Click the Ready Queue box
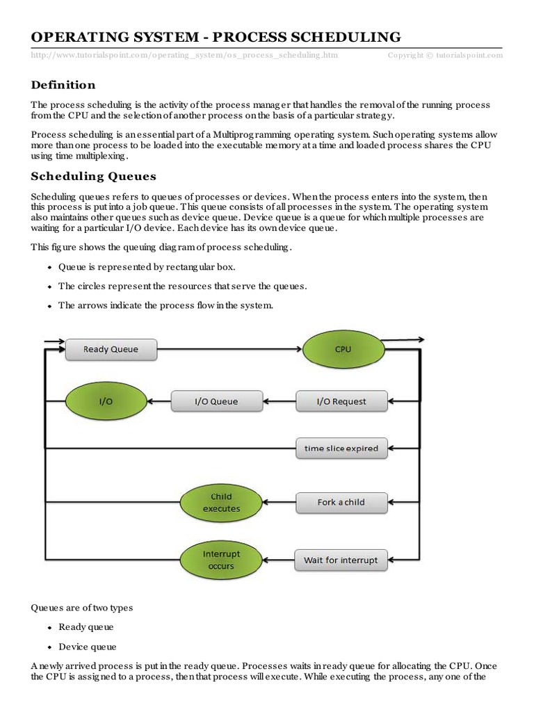coord(111,349)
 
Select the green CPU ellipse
coord(343,349)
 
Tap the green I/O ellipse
coord(105,401)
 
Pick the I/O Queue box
coord(217,401)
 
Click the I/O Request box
coord(341,401)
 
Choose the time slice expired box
coord(341,448)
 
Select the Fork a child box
coord(341,502)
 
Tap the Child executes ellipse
coord(221,503)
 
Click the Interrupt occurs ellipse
coord(221,560)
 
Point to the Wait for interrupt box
coord(341,560)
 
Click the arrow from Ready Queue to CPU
coord(229,349)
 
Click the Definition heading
coord(63,85)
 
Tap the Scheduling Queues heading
coord(94,176)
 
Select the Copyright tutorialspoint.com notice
coord(445,55)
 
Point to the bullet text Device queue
coord(87,647)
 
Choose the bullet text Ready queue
coord(86,627)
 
